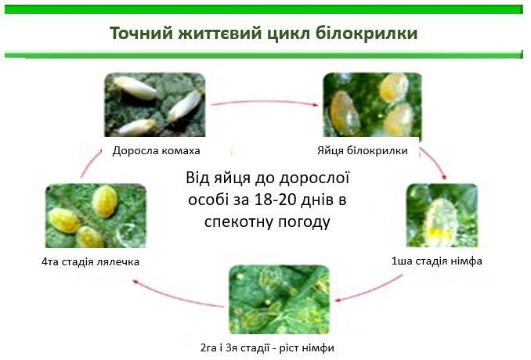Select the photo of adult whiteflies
click(155, 105)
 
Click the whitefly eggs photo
click(372, 105)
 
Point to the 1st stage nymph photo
click(442, 215)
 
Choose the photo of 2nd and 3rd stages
click(279, 300)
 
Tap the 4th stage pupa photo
click(96, 215)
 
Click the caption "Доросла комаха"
click(156, 150)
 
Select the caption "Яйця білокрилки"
click(363, 150)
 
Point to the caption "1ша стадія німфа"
click(436, 261)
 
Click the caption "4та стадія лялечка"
click(90, 261)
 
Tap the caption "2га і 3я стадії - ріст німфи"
click(267, 347)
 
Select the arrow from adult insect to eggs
click(265, 102)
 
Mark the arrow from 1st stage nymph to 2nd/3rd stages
click(370, 290)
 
